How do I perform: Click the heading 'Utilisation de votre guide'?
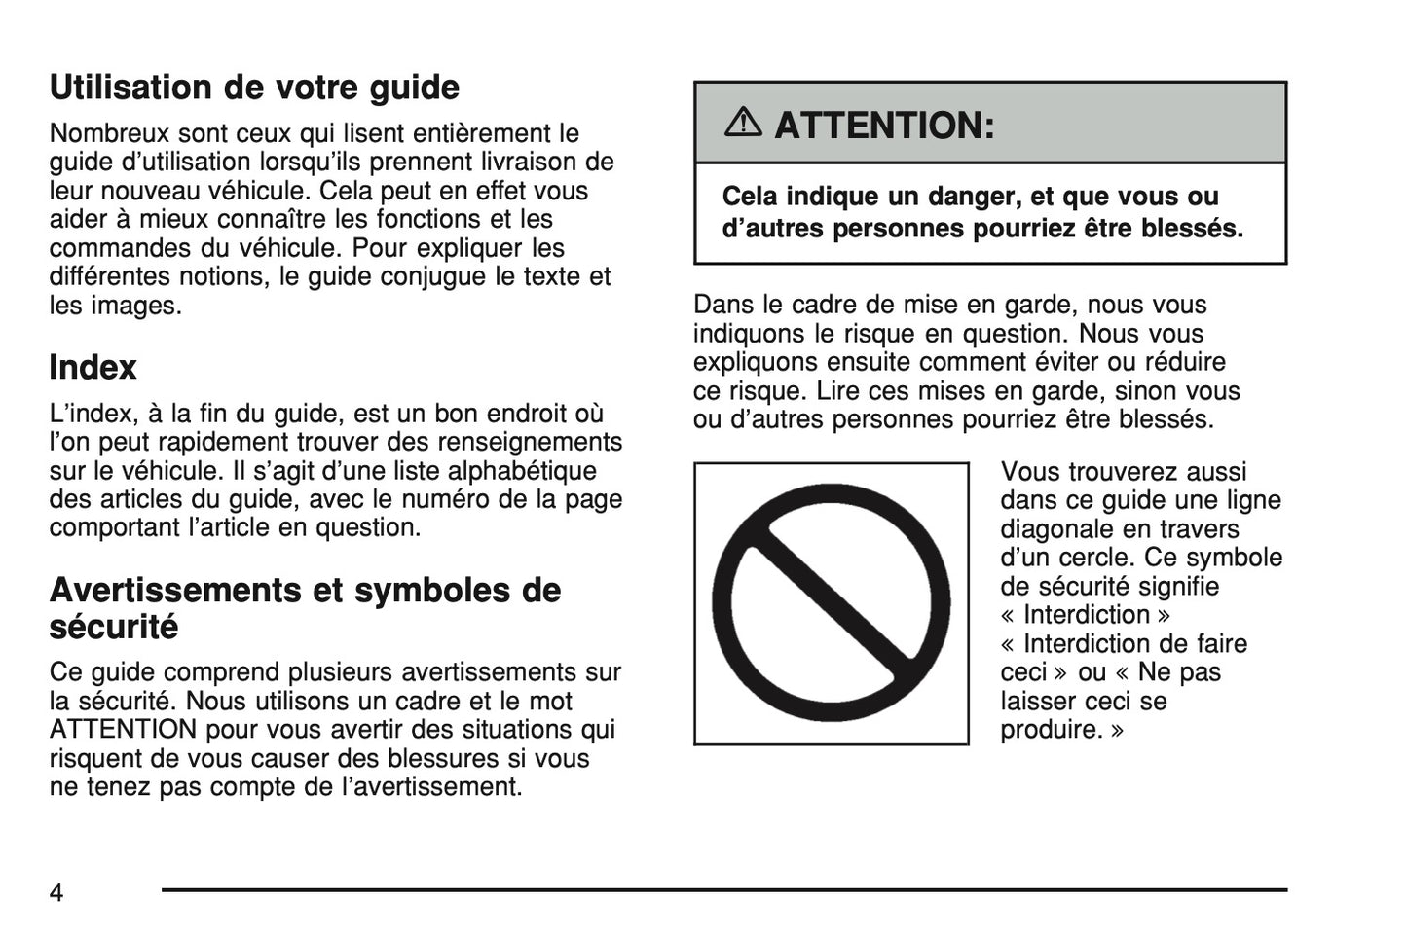(254, 88)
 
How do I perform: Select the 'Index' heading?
(93, 368)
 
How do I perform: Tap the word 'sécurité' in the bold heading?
(114, 627)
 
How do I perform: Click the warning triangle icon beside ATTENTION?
(745, 124)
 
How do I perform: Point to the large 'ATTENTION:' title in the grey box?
(884, 126)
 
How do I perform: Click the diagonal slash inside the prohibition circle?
(831, 603)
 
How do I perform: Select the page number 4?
(56, 891)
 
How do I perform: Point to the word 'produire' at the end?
(1051, 730)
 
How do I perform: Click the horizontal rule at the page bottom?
(723, 889)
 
